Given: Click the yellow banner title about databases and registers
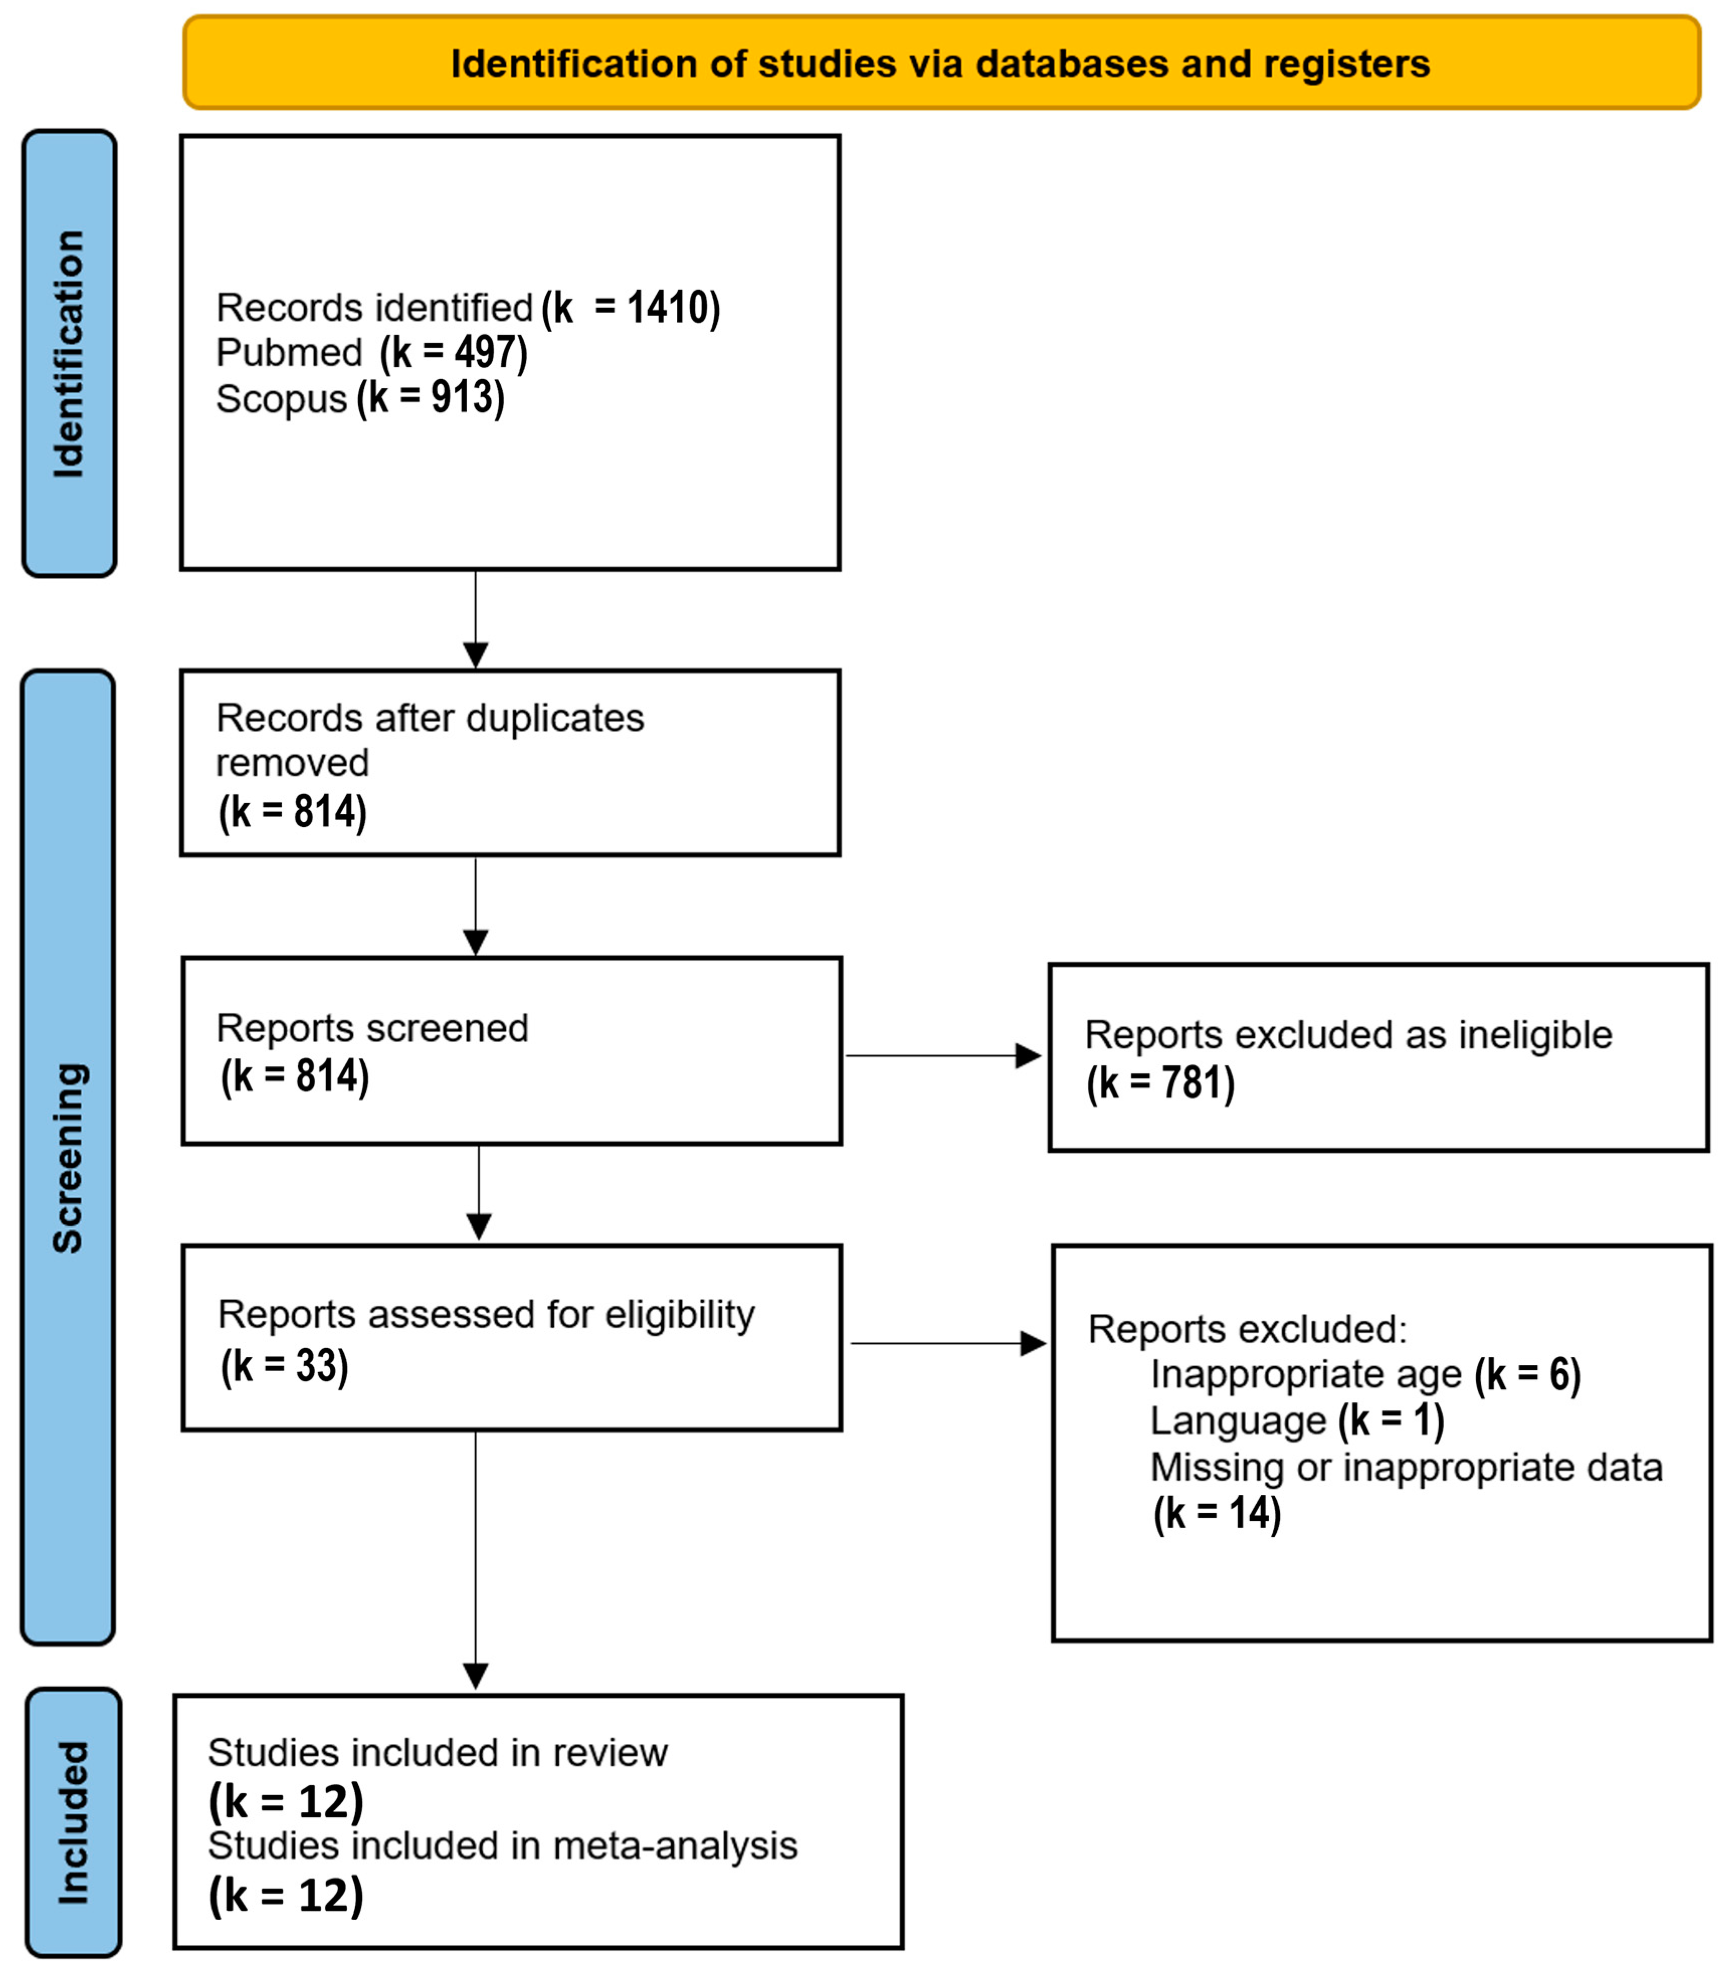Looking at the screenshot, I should pyautogui.click(x=940, y=64).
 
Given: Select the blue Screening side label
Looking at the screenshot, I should pyautogui.click(x=67, y=1157).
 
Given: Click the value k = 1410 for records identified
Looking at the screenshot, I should pyautogui.click(x=631, y=308).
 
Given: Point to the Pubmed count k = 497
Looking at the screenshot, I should pyautogui.click(x=454, y=353).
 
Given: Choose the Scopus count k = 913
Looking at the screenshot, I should pyautogui.click(x=431, y=398).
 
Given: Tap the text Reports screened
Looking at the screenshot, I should pyautogui.click(x=372, y=1028).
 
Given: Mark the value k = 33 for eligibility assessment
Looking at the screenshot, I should pyautogui.click(x=284, y=1365).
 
